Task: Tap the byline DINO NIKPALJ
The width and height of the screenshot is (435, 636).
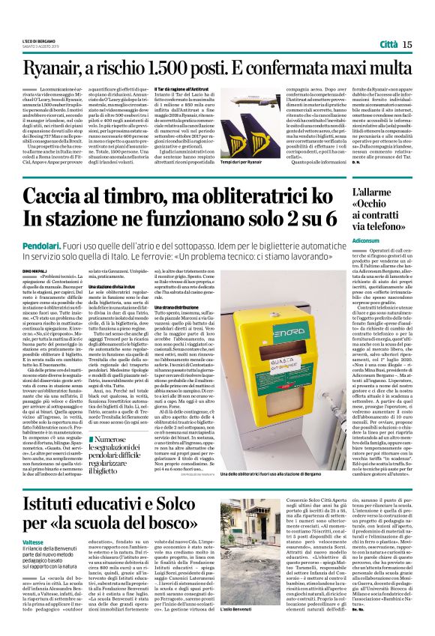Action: click(x=35, y=275)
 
